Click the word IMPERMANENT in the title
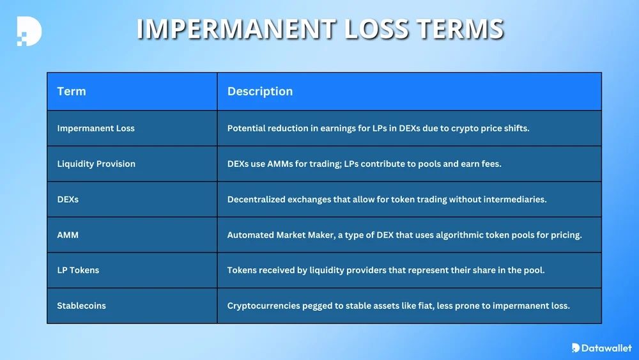point(236,29)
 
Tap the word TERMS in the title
point(461,29)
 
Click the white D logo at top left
point(29,31)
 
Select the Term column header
point(72,91)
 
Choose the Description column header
point(260,91)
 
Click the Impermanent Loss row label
point(96,128)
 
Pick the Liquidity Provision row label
point(96,164)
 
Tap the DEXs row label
point(68,200)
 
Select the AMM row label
point(68,235)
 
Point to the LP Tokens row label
point(78,270)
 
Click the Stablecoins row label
point(82,306)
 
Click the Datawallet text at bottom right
point(606,348)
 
